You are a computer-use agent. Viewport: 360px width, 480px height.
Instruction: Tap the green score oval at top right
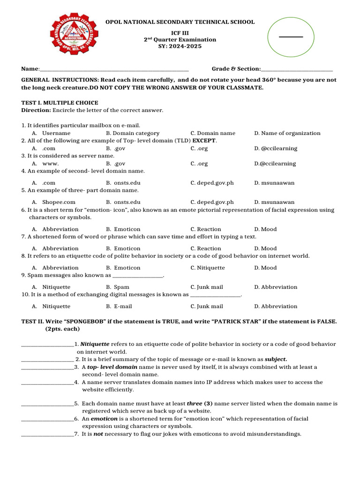click(x=291, y=36)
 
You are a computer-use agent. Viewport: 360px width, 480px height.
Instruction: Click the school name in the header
click(x=180, y=22)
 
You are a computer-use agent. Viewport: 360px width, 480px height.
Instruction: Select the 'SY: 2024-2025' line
click(x=180, y=47)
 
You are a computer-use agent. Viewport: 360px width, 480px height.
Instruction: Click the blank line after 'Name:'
click(x=114, y=69)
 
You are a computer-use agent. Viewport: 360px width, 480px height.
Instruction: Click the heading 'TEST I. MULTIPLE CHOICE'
click(x=60, y=103)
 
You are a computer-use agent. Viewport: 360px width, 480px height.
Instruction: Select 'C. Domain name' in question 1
click(x=213, y=133)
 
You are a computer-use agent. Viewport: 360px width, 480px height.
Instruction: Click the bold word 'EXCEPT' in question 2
click(x=204, y=141)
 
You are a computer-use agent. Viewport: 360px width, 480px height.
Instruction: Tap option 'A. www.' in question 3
click(x=45, y=164)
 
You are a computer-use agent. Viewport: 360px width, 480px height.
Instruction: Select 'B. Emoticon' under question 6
click(x=123, y=229)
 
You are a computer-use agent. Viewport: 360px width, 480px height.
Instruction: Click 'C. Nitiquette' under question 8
click(x=207, y=268)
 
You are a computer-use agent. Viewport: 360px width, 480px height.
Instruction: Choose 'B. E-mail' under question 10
click(x=119, y=306)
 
